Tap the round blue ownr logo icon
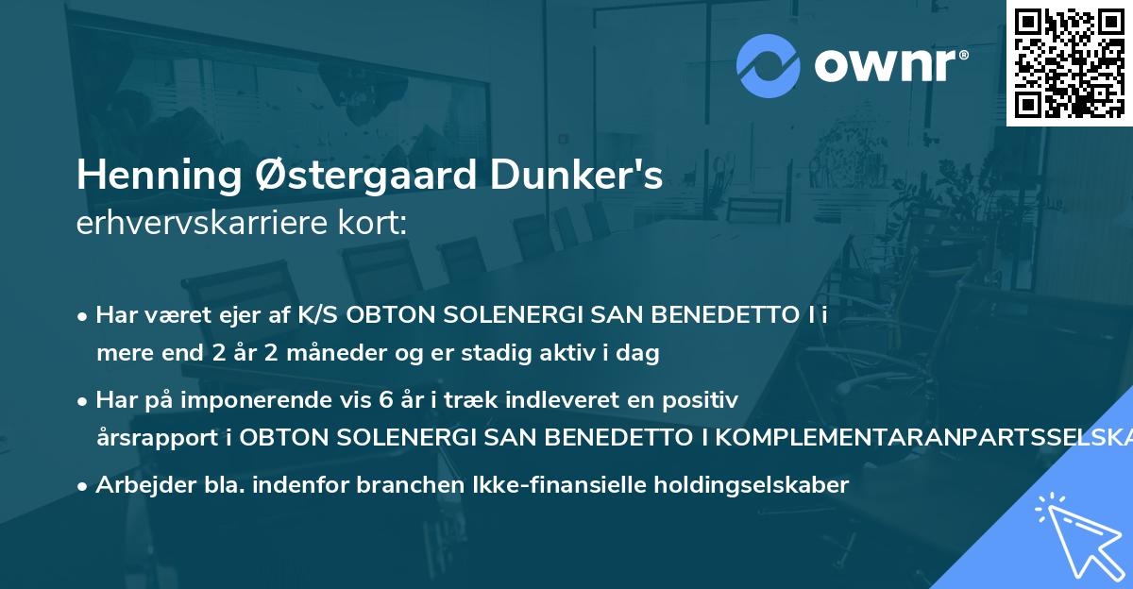coord(769,65)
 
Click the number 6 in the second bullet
coord(385,400)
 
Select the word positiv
coord(699,400)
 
